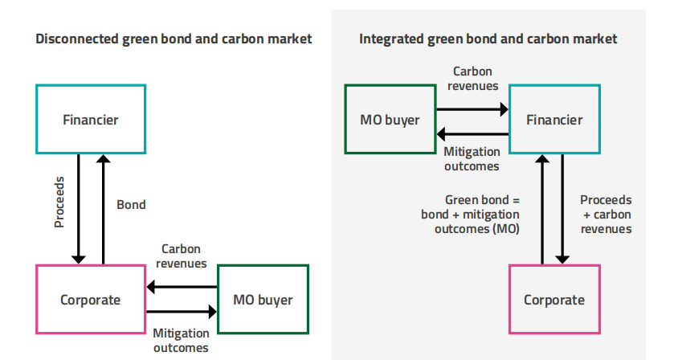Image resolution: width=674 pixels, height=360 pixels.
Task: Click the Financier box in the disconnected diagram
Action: (x=91, y=120)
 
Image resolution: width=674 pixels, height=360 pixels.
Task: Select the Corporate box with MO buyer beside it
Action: (x=91, y=300)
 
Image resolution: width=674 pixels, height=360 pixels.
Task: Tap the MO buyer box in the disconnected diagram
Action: (x=263, y=300)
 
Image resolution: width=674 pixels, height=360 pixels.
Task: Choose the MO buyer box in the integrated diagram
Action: (x=390, y=120)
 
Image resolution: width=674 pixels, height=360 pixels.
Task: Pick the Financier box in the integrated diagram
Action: (x=554, y=120)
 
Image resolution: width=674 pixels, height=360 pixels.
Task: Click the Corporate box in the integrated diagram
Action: (x=554, y=300)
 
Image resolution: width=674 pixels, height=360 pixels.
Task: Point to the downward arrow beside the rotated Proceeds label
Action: (x=78, y=208)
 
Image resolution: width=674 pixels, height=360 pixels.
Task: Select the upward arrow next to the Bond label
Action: (x=103, y=208)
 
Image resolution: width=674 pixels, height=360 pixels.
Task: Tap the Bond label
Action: (x=131, y=205)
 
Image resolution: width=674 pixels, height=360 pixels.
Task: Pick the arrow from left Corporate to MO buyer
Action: (x=182, y=311)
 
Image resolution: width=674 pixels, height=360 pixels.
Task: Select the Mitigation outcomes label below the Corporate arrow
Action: (x=180, y=340)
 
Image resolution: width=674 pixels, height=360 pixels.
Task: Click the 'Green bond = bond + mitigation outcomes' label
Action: (x=470, y=214)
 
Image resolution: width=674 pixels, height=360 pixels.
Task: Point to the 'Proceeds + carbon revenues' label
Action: (x=606, y=214)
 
